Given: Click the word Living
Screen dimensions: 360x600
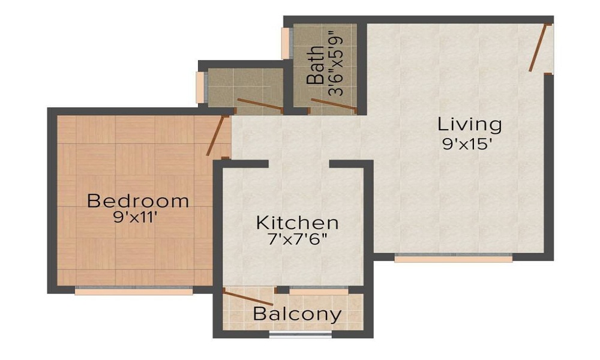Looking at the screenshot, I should [x=469, y=125].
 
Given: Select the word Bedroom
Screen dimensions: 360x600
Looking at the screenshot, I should [x=138, y=200].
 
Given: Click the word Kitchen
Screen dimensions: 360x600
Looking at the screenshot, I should [x=297, y=223].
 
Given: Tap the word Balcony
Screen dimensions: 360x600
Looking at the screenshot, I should [x=297, y=314].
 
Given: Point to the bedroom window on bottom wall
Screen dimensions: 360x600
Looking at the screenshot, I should [x=134, y=291].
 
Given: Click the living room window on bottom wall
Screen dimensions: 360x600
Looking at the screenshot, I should [x=454, y=258].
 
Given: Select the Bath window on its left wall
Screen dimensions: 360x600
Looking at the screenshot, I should [x=286, y=43].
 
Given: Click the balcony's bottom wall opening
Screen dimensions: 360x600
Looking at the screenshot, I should [x=300, y=335].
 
